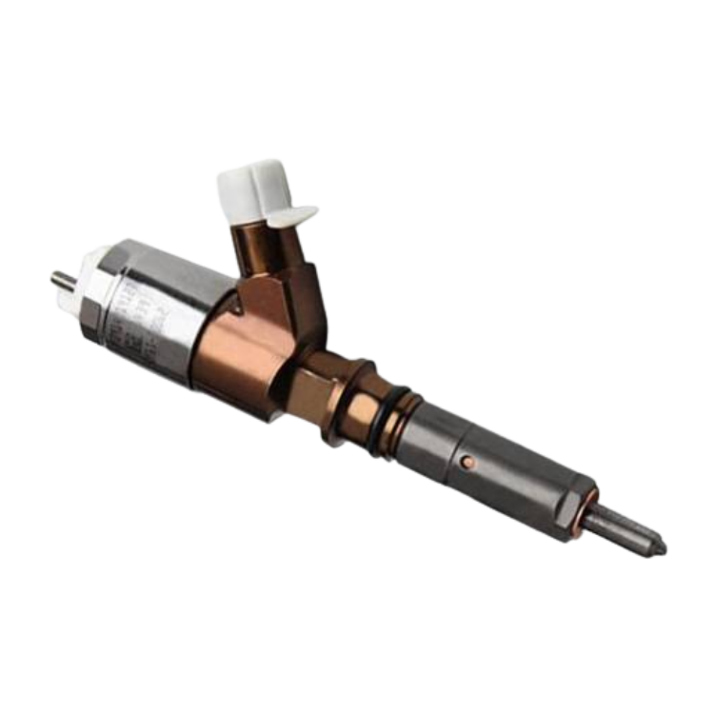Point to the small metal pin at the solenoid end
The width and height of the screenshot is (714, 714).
[x=59, y=279]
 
